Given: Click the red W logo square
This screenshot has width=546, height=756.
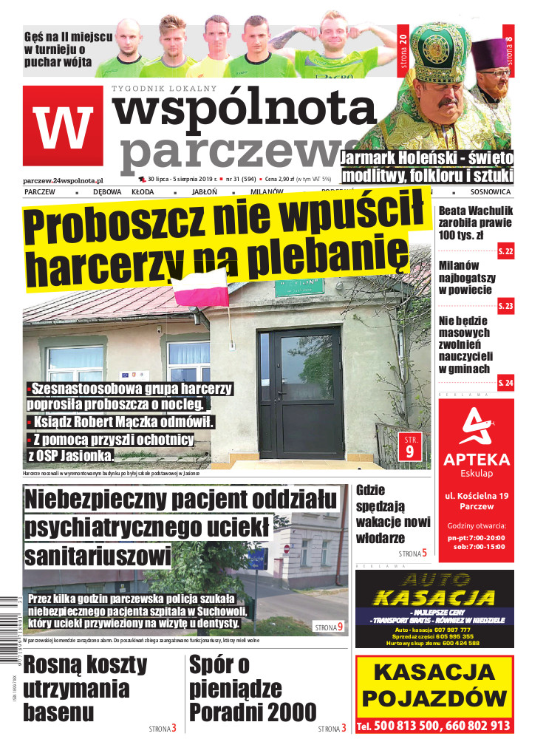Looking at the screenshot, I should tap(62, 125).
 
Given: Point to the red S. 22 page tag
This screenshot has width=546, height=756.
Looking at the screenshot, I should tap(506, 251).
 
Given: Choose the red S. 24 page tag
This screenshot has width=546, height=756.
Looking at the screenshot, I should tap(506, 382).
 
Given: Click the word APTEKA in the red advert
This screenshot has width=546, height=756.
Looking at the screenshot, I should tap(477, 459).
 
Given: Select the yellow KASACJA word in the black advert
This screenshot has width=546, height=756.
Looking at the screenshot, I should tap(434, 597).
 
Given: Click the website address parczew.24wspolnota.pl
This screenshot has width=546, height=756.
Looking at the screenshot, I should tap(63, 180).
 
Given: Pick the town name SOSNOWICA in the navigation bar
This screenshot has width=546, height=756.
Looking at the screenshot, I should tap(490, 191).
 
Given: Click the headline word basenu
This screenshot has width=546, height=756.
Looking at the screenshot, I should tap(58, 712).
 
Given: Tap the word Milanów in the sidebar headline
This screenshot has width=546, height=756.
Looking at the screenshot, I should tap(459, 265).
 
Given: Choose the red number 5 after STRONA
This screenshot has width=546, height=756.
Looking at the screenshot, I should tap(424, 552).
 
